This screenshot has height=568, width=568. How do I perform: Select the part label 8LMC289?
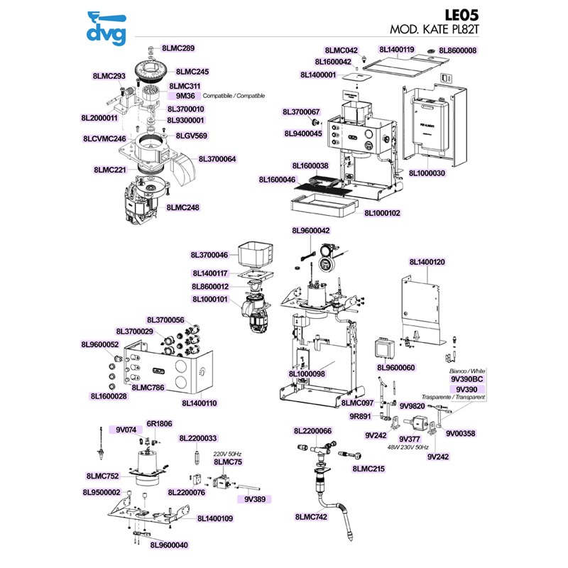[x=177, y=48]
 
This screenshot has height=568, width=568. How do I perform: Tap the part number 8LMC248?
[x=182, y=208]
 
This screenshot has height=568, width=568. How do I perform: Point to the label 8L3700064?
[x=217, y=159]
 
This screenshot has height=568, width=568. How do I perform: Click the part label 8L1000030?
[x=427, y=173]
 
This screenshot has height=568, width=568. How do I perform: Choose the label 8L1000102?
[x=383, y=212]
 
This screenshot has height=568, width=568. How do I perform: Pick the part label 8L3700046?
[x=209, y=255]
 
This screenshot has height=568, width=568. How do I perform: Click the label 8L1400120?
[x=427, y=262]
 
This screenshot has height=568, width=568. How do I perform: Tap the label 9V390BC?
[x=466, y=380]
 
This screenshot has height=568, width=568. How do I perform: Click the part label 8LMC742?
[x=311, y=518]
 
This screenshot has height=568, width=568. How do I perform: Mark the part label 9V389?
[x=255, y=499]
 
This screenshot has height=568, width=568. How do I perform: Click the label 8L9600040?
[x=169, y=545]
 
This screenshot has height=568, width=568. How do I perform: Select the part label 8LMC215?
[x=368, y=469]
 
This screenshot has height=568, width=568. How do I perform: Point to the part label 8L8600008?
[x=457, y=50]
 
